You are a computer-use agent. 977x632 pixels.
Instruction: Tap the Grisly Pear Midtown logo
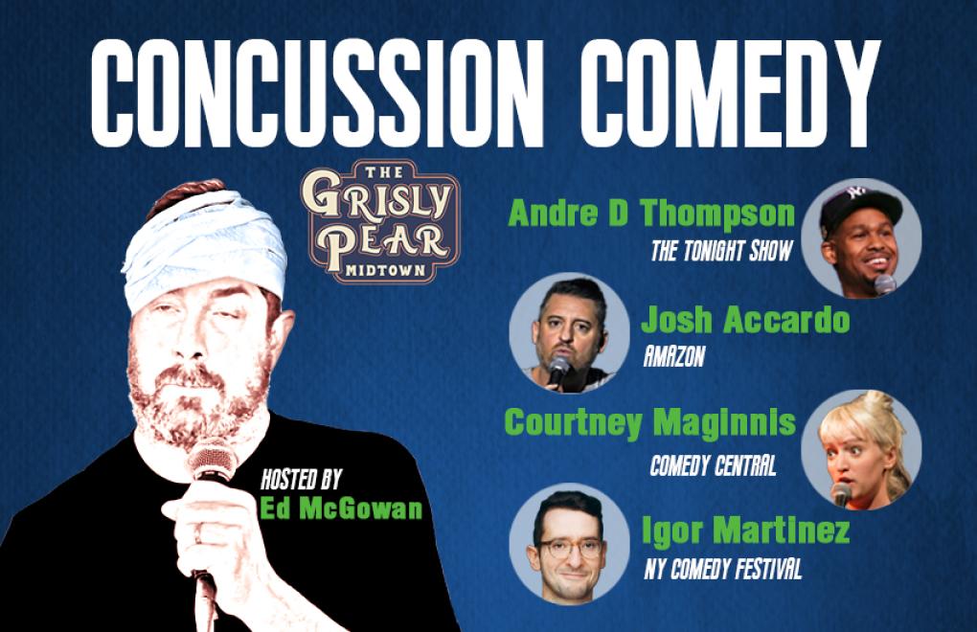(380, 221)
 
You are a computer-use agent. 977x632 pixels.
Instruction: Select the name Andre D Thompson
(651, 213)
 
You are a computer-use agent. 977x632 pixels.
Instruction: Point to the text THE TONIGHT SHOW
(721, 251)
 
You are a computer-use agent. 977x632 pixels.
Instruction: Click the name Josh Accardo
(745, 320)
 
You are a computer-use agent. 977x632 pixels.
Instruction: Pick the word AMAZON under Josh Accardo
(674, 357)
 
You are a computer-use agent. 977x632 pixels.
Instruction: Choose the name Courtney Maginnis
(649, 422)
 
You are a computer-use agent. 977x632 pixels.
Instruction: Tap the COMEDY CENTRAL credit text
(713, 465)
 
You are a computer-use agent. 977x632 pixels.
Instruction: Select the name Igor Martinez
(746, 530)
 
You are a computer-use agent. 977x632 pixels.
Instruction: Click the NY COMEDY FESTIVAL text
(723, 569)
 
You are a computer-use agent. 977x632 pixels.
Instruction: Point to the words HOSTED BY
(301, 479)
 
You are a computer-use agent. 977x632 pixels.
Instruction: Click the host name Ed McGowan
(341, 508)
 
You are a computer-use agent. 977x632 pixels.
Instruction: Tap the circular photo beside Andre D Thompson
(861, 238)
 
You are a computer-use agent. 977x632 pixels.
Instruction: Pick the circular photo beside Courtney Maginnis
(861, 449)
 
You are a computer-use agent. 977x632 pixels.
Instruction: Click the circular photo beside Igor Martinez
(570, 544)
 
